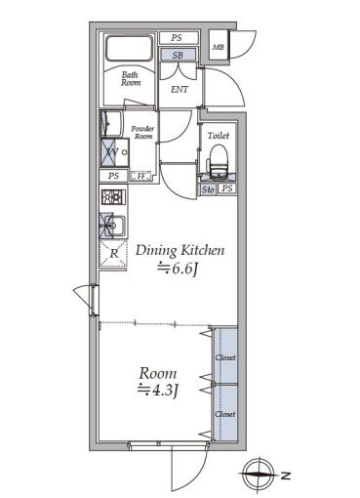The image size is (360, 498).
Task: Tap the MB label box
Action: pyautogui.click(x=218, y=46)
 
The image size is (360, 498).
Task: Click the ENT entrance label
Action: pyautogui.click(x=180, y=90)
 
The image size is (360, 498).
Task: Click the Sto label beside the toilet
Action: pyautogui.click(x=208, y=188)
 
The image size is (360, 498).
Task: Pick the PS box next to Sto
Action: pyautogui.click(x=226, y=188)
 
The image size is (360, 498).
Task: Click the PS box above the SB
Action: pyautogui.click(x=177, y=38)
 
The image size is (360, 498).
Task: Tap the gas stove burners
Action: pyautogui.click(x=110, y=198)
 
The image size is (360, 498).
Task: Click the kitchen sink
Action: pyautogui.click(x=109, y=228)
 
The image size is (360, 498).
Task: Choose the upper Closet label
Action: pyautogui.click(x=224, y=356)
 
